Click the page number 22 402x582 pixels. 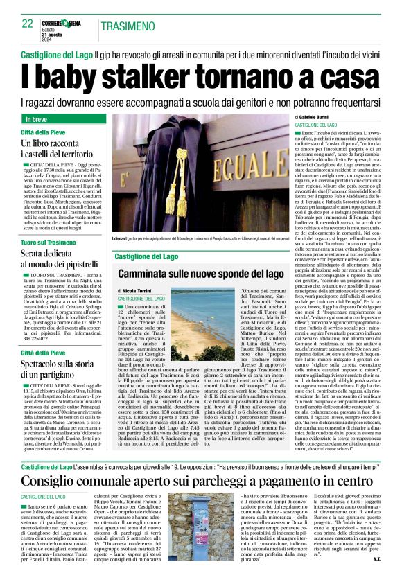[x=27, y=24]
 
